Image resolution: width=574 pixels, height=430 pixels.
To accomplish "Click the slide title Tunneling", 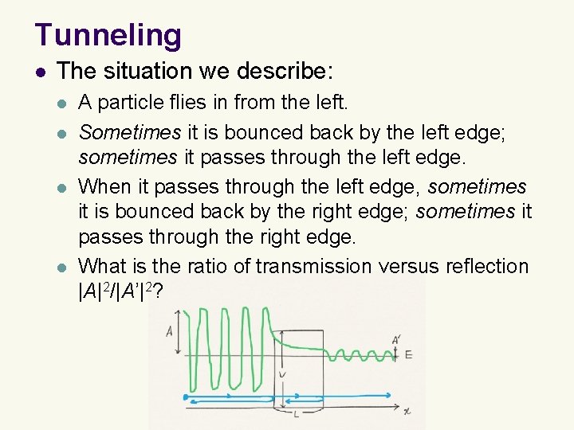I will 108,35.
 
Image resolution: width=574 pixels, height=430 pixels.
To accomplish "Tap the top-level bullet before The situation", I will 41,71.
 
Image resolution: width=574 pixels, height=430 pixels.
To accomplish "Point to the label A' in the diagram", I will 396,340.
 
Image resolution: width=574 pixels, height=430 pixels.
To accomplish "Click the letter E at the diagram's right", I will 408,354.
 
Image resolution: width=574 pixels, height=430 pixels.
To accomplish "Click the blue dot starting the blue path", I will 185,395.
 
